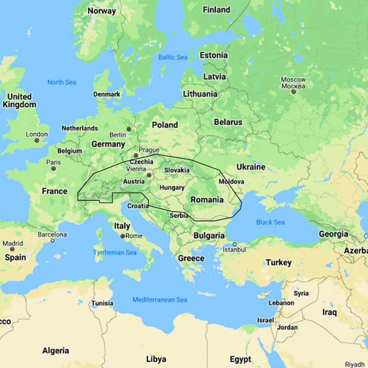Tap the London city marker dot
pyautogui.click(x=37, y=141)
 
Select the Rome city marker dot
pyautogui.click(x=123, y=236)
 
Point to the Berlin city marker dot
pyautogui.click(x=129, y=129)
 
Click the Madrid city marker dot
pyautogui.click(x=12, y=250)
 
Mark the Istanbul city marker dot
pyautogui.click(x=234, y=244)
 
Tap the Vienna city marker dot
pyautogui.click(x=149, y=175)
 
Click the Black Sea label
pyautogui.click(x=270, y=222)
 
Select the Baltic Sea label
pyautogui.click(x=173, y=57)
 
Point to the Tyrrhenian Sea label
pyautogui.click(x=114, y=252)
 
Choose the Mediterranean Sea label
pyautogui.click(x=160, y=300)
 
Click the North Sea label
pyautogui.click(x=61, y=82)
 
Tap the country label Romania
pyautogui.click(x=207, y=200)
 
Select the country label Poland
pyautogui.click(x=165, y=125)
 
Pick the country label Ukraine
pyautogui.click(x=251, y=167)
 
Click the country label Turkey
pyautogui.click(x=279, y=263)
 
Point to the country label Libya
pyautogui.click(x=156, y=359)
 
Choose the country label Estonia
pyautogui.click(x=213, y=55)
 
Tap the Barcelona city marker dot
pyautogui.click(x=53, y=240)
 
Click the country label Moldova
pyautogui.click(x=231, y=182)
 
